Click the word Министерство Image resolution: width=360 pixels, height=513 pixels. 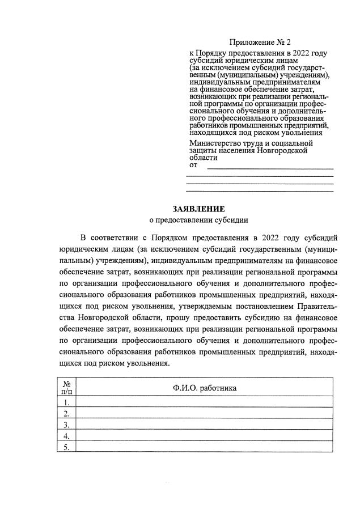216,143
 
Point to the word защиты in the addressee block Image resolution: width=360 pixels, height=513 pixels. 203,151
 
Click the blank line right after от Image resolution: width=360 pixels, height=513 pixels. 270,168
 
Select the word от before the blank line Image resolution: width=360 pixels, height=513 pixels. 193,166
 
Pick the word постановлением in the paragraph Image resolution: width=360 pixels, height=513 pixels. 258,307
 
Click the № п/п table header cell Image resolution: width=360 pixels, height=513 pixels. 66,387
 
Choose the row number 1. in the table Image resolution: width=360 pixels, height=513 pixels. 66,402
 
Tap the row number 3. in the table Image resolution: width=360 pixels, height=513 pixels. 66,424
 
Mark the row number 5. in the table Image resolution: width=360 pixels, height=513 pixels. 66,447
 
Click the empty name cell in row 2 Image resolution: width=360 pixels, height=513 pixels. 204,413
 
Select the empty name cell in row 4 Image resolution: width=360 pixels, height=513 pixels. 204,435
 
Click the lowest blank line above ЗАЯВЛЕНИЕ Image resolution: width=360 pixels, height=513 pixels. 260,190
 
